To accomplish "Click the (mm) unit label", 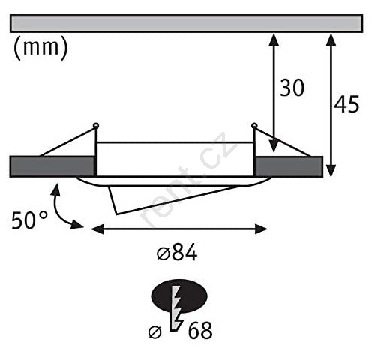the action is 40,48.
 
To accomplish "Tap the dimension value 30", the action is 292,88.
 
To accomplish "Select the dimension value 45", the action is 346,104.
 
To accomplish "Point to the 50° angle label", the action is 29,220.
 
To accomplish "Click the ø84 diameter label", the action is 177,253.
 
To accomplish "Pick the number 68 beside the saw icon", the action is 200,330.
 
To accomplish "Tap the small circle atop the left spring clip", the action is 96,126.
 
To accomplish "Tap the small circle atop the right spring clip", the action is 254,126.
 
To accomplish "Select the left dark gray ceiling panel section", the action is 52,166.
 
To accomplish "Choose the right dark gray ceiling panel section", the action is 289,166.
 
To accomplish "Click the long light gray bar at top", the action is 187,23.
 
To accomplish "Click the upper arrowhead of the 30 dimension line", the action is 274,40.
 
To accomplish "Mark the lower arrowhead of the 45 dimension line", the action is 331,171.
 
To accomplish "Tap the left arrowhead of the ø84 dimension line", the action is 97,229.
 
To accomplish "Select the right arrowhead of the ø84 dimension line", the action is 261,229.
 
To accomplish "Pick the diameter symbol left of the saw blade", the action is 155,332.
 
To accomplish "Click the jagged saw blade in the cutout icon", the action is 176,309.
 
